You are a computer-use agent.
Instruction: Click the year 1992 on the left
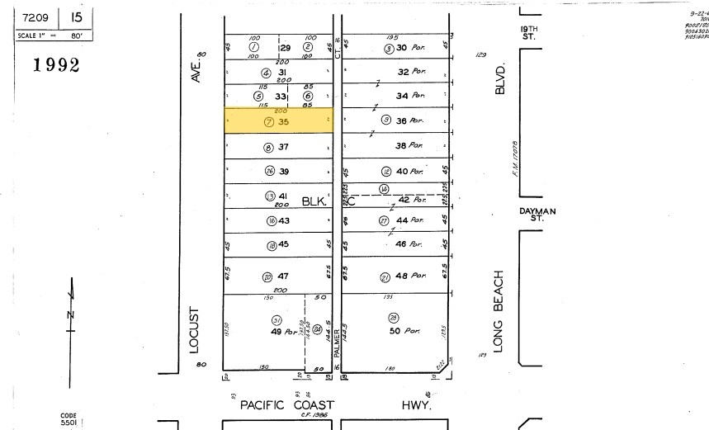tap(56, 65)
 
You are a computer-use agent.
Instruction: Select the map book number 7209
tap(35, 17)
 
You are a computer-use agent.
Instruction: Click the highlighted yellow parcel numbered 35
tap(279, 120)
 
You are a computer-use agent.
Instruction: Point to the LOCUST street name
tap(195, 330)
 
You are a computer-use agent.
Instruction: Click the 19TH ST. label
tap(528, 32)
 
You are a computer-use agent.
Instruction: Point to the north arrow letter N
tap(70, 314)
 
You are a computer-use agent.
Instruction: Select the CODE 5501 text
tap(69, 419)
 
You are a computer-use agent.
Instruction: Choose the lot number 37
tap(283, 148)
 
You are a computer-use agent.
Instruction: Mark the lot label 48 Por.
tap(410, 276)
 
